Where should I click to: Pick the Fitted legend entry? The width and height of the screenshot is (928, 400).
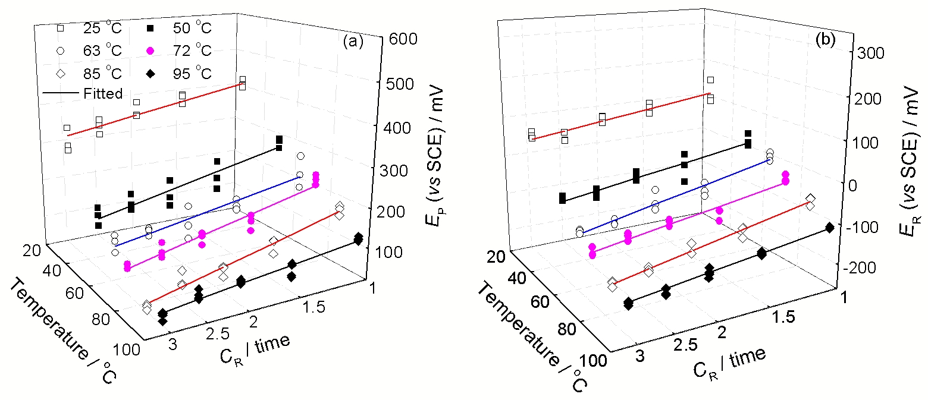(83, 93)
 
